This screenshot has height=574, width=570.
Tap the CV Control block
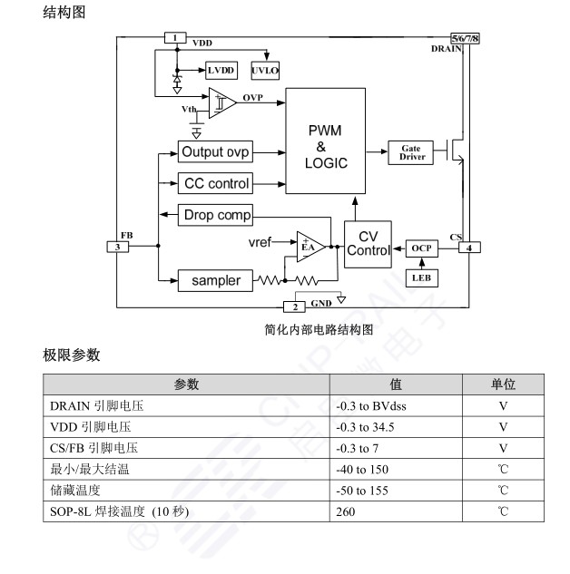coord(369,244)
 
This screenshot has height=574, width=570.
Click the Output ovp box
coord(216,151)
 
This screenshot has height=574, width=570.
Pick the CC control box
coord(216,183)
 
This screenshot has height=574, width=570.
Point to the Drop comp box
coord(216,215)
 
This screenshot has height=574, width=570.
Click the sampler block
coord(215,280)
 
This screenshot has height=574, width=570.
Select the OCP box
coord(421,248)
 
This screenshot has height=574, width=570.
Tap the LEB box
coord(421,277)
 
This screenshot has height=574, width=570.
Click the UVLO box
coord(266,70)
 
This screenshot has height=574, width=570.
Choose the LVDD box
coord(220,70)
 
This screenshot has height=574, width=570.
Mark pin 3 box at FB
coord(117,247)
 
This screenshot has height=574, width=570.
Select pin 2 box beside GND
coord(295,306)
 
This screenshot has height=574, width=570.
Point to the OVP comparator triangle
coord(221,102)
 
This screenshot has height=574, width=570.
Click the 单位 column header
coord(503,384)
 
